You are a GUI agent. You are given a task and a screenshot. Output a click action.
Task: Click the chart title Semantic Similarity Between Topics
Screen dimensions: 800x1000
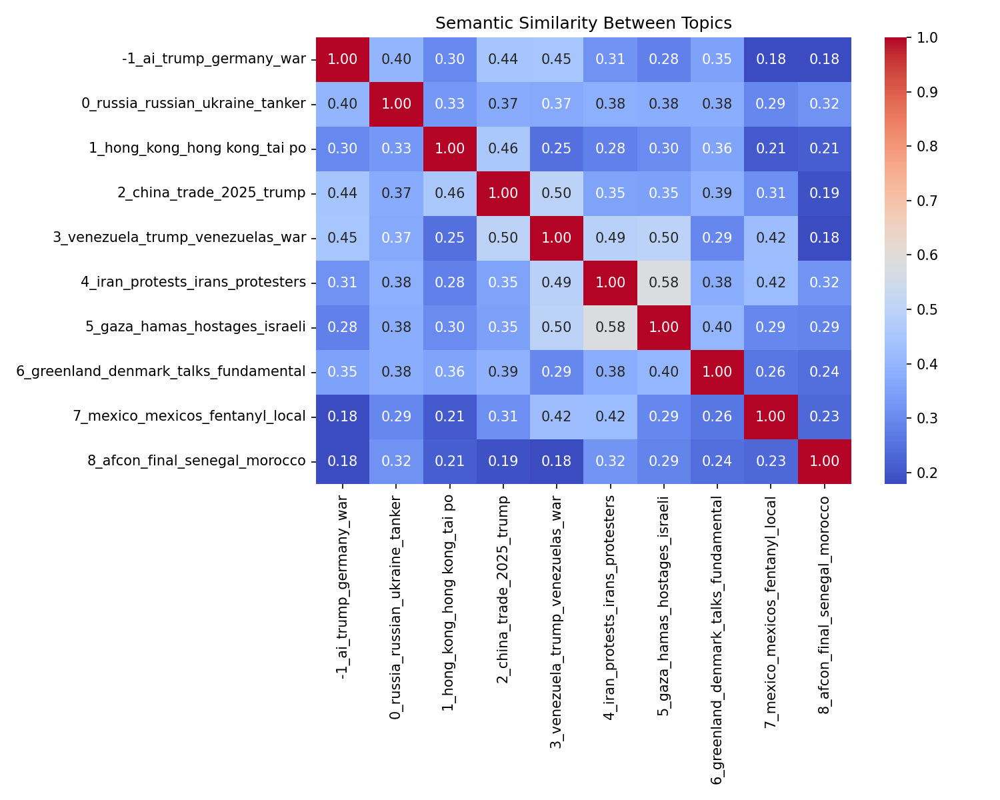[x=583, y=23]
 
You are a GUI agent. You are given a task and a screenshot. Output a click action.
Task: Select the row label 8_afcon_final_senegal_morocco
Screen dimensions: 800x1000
[x=197, y=461]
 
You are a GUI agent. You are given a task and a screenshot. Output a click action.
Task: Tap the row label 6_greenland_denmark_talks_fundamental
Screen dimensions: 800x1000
[x=161, y=372]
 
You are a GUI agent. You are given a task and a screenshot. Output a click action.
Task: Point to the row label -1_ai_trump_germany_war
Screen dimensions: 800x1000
[x=214, y=59]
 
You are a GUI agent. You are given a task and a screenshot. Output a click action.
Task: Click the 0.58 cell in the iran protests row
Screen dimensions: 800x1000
[x=663, y=283]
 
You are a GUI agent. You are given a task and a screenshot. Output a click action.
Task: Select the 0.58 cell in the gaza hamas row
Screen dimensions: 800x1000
[x=610, y=327]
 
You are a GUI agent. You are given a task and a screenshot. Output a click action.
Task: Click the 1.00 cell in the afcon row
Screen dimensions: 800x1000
[x=824, y=461]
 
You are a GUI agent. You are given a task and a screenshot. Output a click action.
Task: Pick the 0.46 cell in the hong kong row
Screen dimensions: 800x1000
[x=503, y=149]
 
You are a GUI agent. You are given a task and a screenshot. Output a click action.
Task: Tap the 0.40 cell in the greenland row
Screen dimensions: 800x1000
[x=663, y=372]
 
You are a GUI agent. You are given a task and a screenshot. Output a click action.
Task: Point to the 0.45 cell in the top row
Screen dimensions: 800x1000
[x=556, y=59]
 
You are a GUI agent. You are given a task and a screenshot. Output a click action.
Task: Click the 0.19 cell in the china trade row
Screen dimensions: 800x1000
[x=824, y=193]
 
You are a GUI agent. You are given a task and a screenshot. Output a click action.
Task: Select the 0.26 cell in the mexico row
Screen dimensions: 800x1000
[x=717, y=417]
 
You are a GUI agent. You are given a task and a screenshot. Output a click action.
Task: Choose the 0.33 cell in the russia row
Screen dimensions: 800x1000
[x=449, y=104]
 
